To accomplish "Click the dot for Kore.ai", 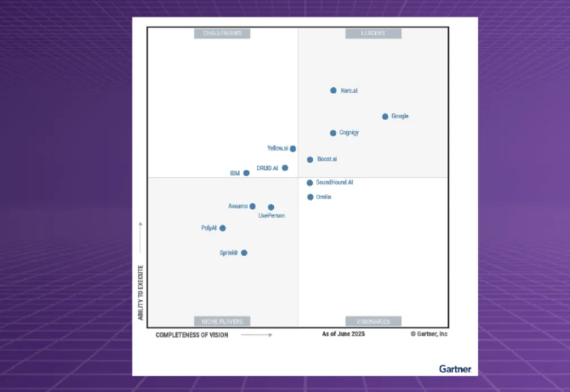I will (x=333, y=90).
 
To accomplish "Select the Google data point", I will (x=385, y=117).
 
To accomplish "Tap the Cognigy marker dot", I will (x=333, y=133).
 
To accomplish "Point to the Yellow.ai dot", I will (x=293, y=148).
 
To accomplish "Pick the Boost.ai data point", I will (x=310, y=160).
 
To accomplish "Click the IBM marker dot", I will (x=246, y=173).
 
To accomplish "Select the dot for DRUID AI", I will (x=285, y=168).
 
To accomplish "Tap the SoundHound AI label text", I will (x=334, y=182).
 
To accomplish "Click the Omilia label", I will (x=324, y=197).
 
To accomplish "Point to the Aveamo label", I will (x=238, y=206).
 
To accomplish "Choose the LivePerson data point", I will (x=271, y=207).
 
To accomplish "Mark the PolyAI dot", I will (x=223, y=228).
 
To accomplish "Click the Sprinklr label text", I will (x=229, y=253).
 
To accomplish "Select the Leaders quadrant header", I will (x=373, y=33).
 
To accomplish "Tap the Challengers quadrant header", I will (x=222, y=33).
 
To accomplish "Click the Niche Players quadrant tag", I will (x=222, y=321).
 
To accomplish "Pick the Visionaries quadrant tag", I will (x=373, y=321).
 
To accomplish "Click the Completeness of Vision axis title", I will (x=192, y=335).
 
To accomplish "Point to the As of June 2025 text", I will (x=343, y=334).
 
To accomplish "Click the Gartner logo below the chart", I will (x=455, y=369).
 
